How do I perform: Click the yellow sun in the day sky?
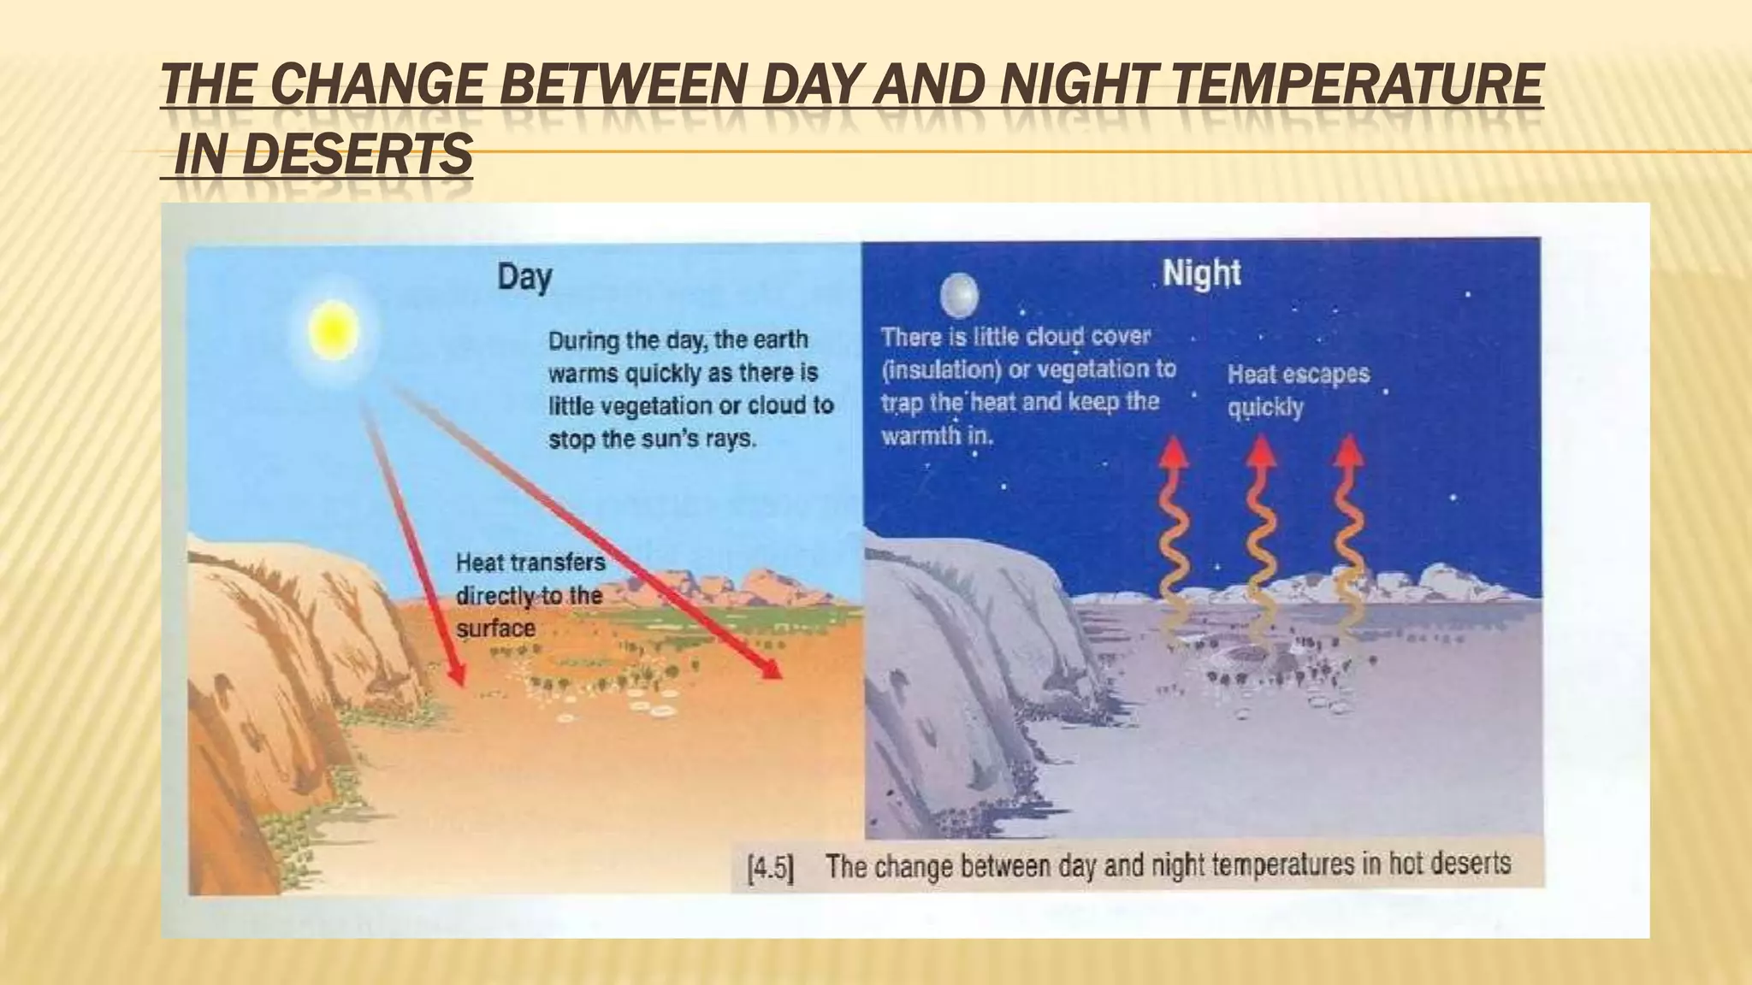(x=332, y=329)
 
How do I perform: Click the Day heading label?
(x=524, y=278)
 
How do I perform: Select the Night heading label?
(x=1201, y=274)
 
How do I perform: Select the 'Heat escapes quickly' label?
(x=1298, y=390)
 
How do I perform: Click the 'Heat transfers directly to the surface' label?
(x=530, y=595)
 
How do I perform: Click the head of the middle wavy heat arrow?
(x=1261, y=451)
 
